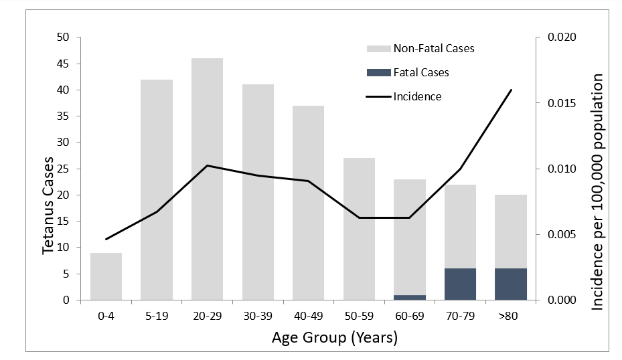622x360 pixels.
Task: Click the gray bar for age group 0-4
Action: coord(106,276)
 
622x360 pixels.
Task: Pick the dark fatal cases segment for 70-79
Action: coord(460,284)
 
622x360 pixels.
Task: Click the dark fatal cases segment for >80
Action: coord(511,284)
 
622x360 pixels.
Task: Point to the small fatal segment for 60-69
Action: coord(410,297)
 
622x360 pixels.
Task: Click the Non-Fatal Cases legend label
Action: coord(434,48)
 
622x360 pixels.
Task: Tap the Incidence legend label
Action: coord(417,96)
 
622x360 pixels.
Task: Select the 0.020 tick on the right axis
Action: coord(561,38)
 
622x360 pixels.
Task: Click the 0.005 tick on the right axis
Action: coord(561,235)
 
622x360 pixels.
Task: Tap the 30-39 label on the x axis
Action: coord(258,314)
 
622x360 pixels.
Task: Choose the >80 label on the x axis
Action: coord(511,314)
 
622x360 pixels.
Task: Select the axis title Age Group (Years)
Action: coord(335,338)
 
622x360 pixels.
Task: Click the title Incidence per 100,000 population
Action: coord(597,192)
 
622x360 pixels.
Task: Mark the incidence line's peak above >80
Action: coord(511,90)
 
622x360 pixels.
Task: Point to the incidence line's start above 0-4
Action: coord(106,239)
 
